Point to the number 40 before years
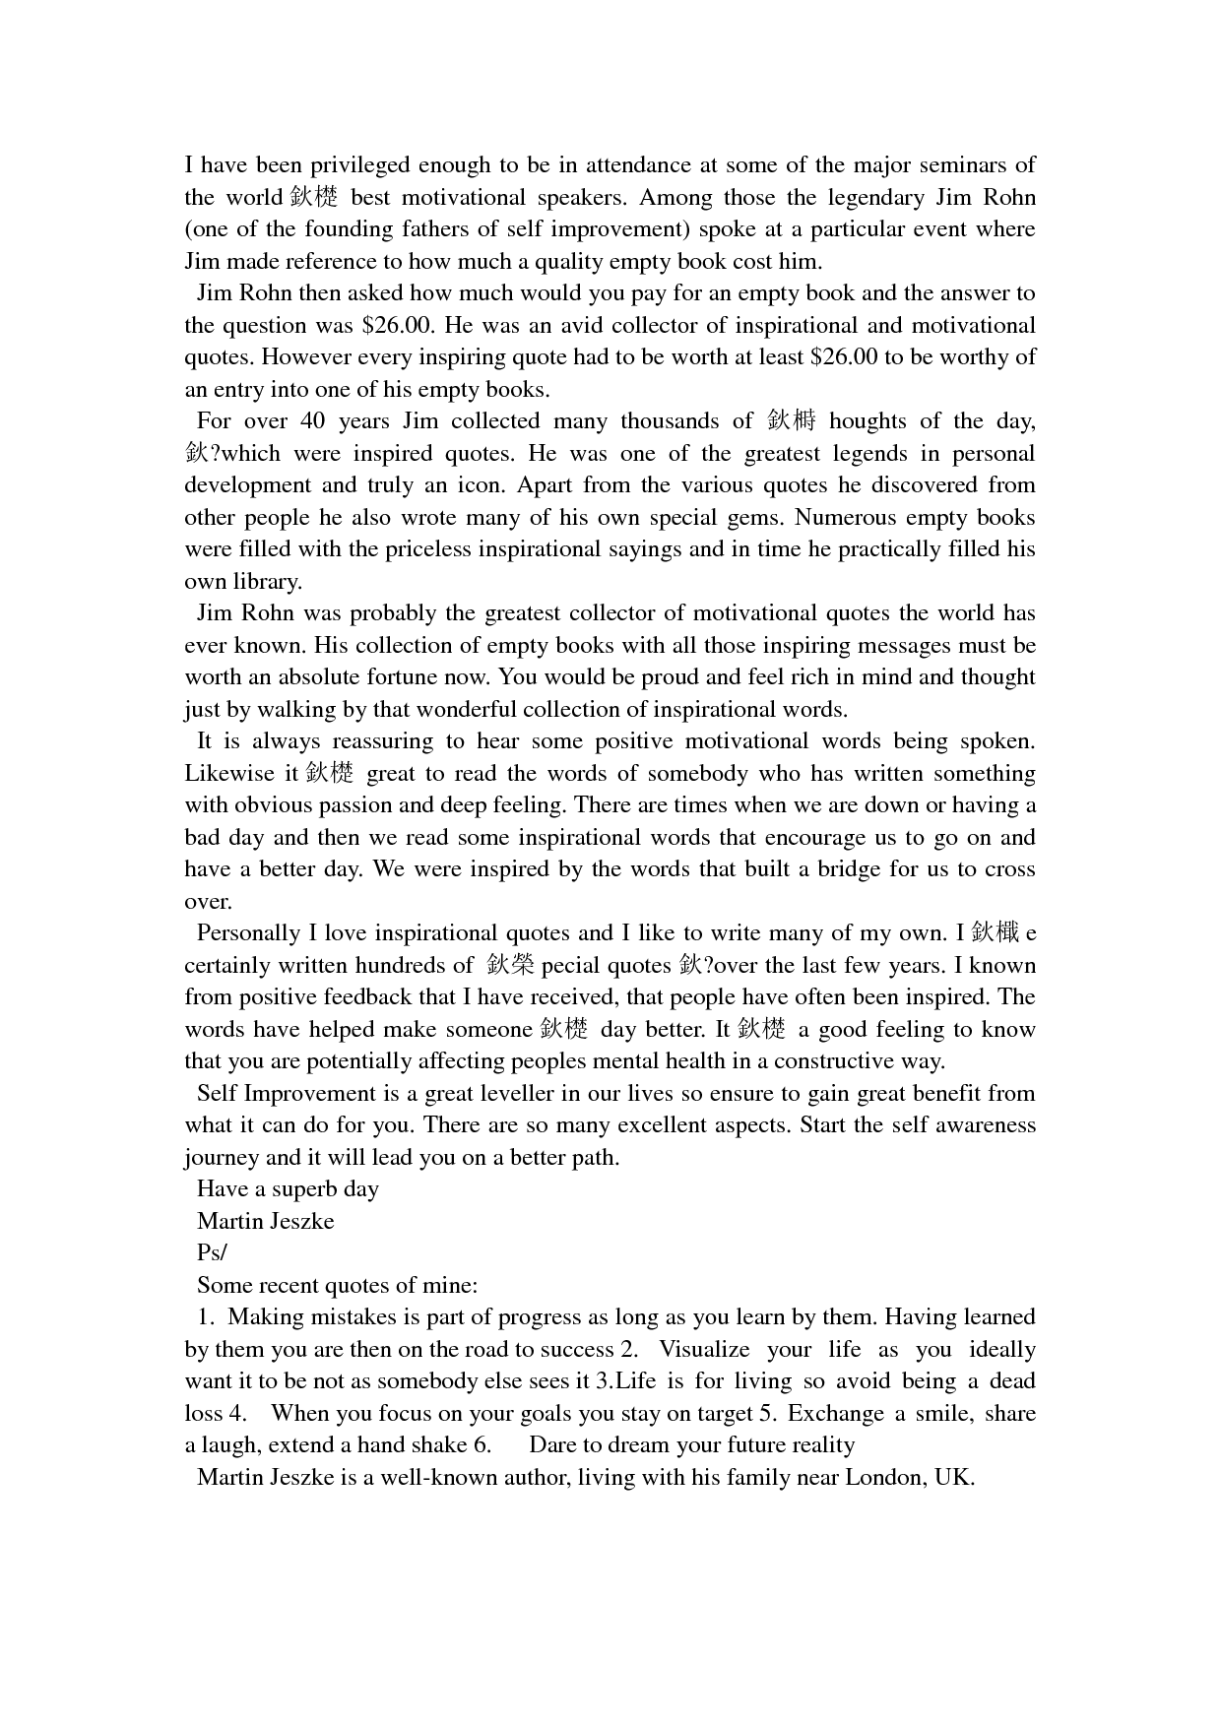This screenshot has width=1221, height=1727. coord(311,421)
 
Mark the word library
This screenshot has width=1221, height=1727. coord(267,582)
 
